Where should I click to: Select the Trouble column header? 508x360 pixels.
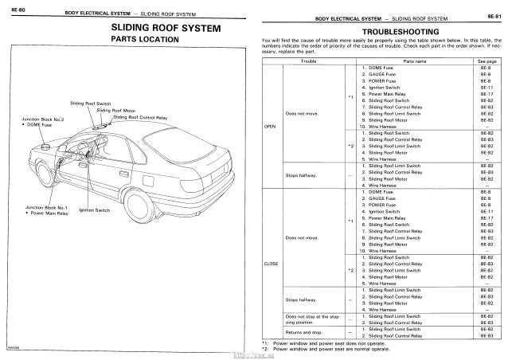[x=306, y=61]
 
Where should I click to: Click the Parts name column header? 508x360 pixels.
[x=415, y=61]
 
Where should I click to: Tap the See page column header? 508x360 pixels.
[x=487, y=61]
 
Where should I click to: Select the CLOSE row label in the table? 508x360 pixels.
[x=272, y=264]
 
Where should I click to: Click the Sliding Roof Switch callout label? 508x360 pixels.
[x=90, y=104]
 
